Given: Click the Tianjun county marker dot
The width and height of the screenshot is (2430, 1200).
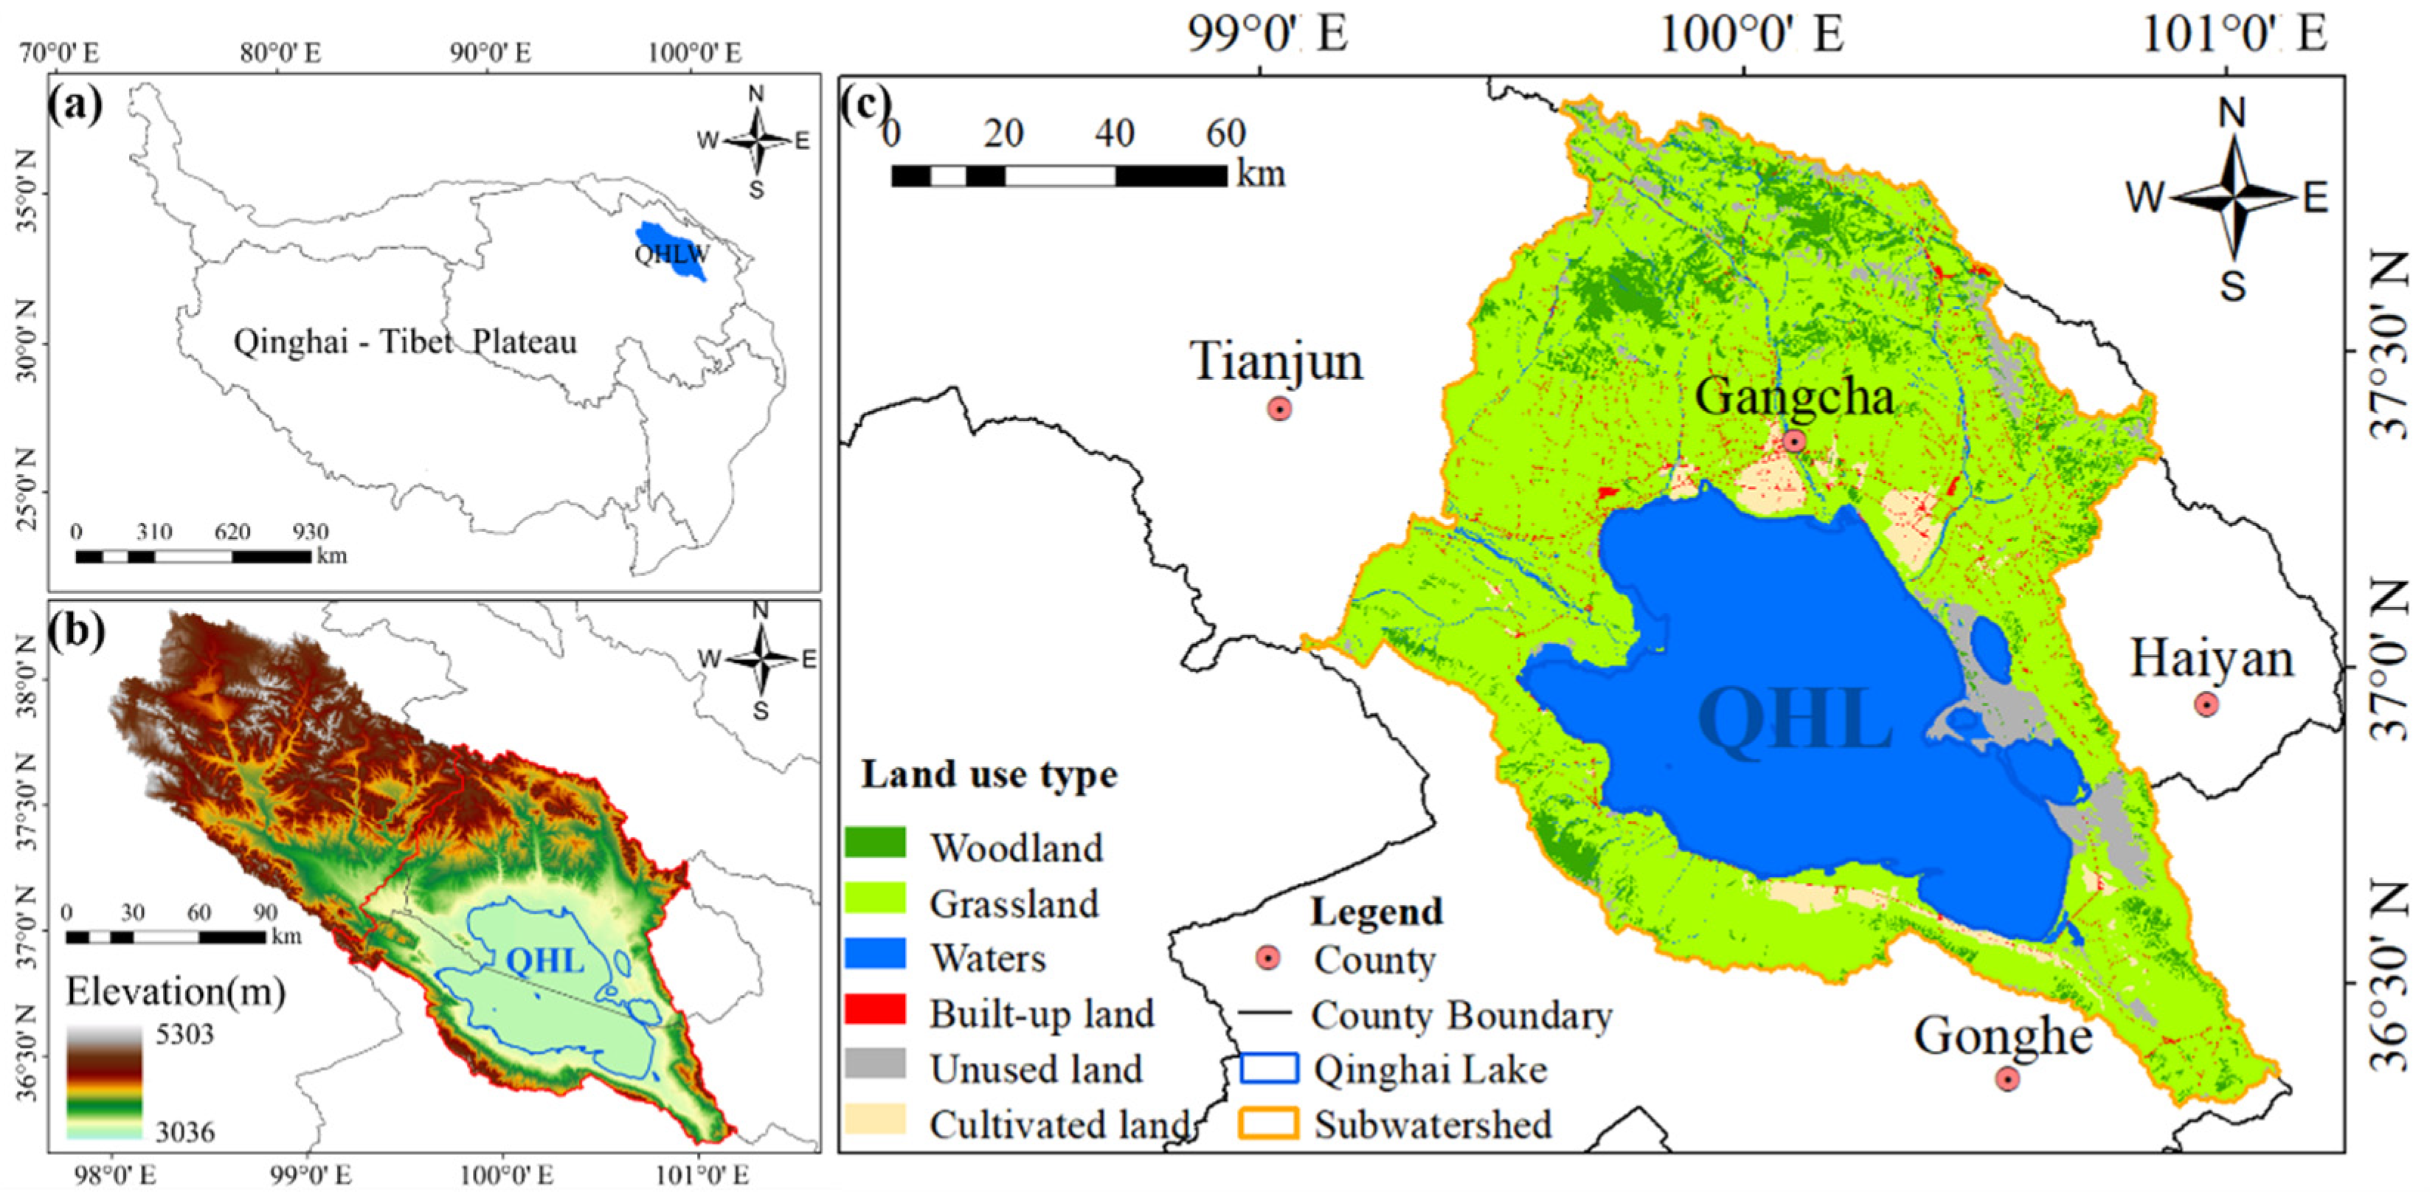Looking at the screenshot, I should coord(1278,409).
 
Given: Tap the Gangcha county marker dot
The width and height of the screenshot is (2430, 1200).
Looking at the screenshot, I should coord(1793,440).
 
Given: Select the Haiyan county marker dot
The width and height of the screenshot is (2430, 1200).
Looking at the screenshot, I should coord(2206,704).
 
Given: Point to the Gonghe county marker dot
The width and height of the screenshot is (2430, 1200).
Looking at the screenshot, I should coord(2007,1078).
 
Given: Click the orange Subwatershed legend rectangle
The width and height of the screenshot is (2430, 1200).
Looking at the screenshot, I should coord(1269,1123).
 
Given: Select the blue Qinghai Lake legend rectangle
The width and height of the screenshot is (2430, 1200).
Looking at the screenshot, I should coord(1269,1068).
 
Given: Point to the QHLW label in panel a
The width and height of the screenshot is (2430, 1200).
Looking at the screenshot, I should coord(671,254).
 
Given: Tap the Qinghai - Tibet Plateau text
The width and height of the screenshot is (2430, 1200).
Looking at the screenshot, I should coord(405,341).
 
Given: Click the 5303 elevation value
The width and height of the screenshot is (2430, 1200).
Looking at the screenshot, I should coord(185,1034).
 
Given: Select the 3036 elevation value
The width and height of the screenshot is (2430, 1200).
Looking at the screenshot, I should coord(185,1131).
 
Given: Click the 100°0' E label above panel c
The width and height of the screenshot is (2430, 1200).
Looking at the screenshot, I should coord(1750,36).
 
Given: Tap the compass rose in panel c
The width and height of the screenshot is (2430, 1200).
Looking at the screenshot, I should coord(2231,198).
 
